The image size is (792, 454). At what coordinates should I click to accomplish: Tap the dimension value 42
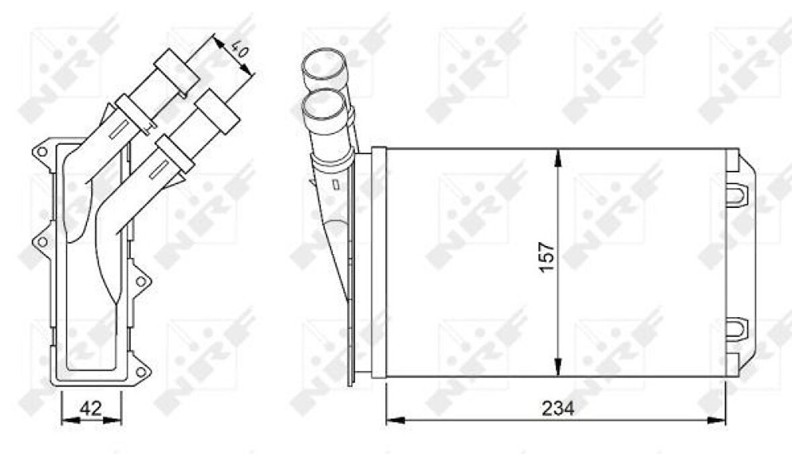[90, 408]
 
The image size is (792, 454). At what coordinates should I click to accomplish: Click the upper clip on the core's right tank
[736, 193]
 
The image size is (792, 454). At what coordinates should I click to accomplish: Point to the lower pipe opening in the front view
[324, 107]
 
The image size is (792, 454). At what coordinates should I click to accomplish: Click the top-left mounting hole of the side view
[42, 152]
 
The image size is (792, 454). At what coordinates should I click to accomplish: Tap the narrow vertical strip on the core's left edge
[379, 262]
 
